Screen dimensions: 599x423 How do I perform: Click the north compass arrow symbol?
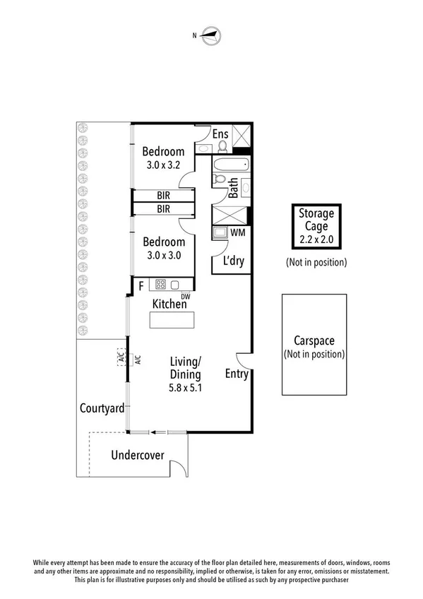click(x=210, y=33)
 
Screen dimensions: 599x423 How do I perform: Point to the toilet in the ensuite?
click(x=222, y=146)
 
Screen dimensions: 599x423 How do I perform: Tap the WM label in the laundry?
click(x=238, y=232)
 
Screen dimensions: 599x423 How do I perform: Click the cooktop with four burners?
click(x=161, y=285)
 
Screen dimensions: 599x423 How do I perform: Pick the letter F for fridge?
click(x=141, y=286)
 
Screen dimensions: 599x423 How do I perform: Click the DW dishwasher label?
click(x=186, y=297)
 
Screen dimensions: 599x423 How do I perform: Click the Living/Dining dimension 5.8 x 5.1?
click(x=185, y=387)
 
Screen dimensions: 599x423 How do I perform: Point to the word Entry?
click(x=237, y=374)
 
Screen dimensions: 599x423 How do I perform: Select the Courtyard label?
click(x=102, y=408)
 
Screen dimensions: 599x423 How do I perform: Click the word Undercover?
click(x=138, y=455)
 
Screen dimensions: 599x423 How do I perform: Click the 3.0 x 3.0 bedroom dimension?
click(x=163, y=256)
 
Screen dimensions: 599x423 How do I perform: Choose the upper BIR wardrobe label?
click(x=163, y=195)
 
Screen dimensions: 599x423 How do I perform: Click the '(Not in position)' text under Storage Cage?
click(x=316, y=263)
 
